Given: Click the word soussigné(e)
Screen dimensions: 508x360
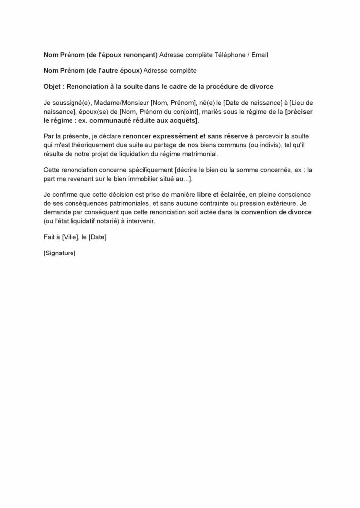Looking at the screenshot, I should coord(71,102).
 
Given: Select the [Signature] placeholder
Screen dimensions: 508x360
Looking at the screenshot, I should coord(60,254).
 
